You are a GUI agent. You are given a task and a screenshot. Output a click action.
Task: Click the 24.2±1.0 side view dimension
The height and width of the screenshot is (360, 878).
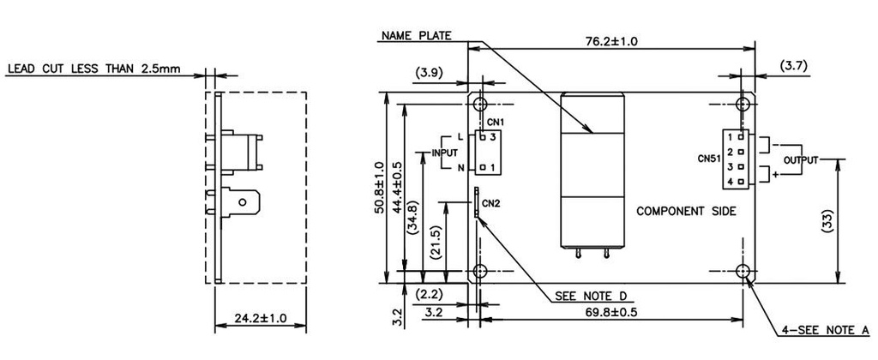point(260,319)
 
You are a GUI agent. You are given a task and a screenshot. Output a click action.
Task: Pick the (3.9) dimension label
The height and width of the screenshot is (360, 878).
point(429,74)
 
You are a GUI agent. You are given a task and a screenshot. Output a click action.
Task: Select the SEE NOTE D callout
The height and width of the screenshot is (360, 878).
point(591,296)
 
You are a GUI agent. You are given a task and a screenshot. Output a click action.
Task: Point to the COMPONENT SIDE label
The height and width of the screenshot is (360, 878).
point(685,210)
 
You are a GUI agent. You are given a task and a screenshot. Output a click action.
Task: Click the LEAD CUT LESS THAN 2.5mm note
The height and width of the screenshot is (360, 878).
point(93,69)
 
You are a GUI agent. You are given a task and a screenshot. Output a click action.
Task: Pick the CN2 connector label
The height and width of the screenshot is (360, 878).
point(490,203)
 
